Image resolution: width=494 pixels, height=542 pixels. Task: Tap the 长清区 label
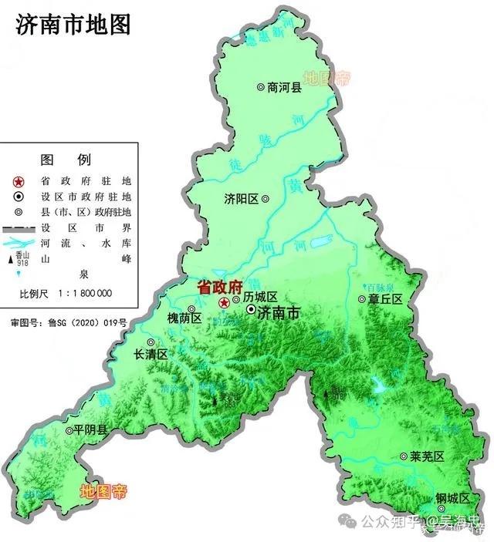[151, 355]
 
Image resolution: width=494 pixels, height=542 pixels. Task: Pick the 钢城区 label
[452, 497]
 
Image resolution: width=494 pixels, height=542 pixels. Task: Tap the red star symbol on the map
[224, 302]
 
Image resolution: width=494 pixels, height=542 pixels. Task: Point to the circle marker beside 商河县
[261, 88]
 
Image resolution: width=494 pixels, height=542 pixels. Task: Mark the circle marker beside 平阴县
[69, 430]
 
